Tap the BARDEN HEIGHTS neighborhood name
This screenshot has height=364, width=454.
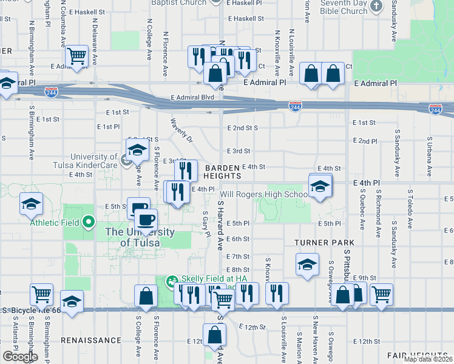(x=223, y=172)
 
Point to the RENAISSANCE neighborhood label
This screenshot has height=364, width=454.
(x=90, y=340)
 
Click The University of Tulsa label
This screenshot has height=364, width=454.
(x=140, y=237)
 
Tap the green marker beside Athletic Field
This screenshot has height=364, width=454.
(x=88, y=222)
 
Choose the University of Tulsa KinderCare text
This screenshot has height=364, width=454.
(x=93, y=161)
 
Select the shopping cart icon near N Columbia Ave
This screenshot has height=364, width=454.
(x=77, y=56)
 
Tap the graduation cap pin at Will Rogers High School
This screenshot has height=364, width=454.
(x=320, y=186)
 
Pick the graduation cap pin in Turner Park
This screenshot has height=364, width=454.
(x=307, y=264)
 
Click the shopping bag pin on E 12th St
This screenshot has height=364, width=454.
(x=215, y=335)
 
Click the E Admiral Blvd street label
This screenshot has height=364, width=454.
(x=193, y=97)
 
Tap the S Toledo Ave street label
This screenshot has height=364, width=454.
(x=410, y=212)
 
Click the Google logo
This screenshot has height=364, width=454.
(x=20, y=357)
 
